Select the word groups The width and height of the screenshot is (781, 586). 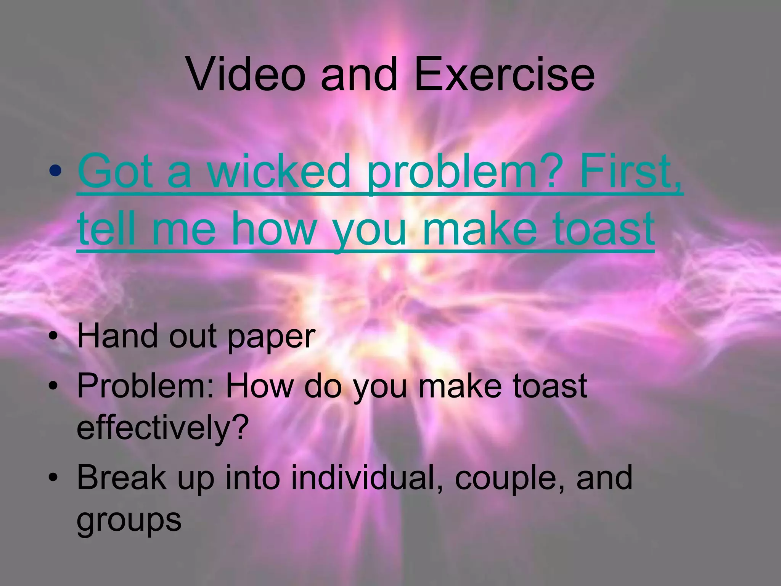pos(129,521)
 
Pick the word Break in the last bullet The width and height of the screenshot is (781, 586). pos(122,478)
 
